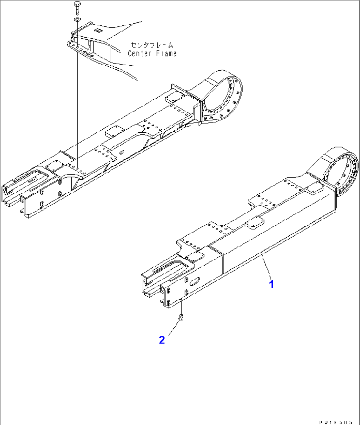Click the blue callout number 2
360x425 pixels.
tap(162, 340)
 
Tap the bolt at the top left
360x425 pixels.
tap(77, 8)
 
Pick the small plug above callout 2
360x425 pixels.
tap(181, 317)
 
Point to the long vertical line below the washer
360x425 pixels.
tap(77, 99)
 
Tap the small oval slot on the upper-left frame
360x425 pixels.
tap(122, 153)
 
